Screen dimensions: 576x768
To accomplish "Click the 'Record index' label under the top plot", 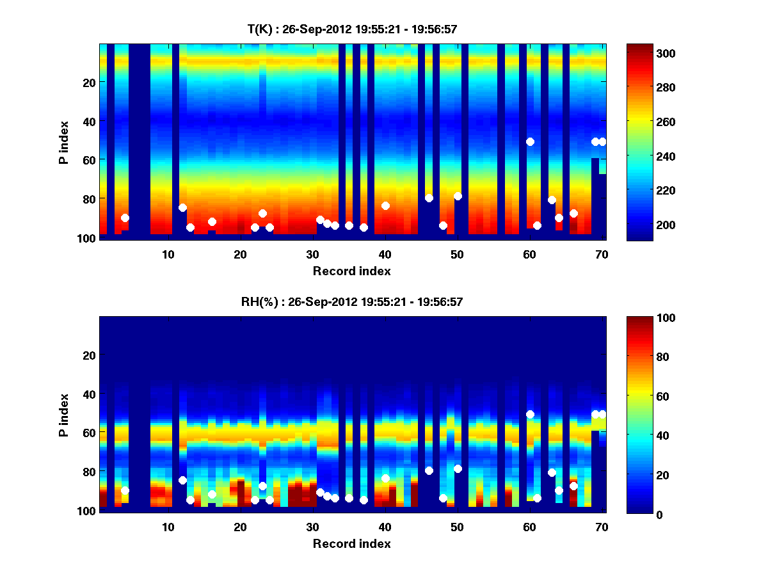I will coord(351,271).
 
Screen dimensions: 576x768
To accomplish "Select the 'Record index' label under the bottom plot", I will coord(351,543).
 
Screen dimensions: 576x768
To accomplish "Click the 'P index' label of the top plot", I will coord(64,142).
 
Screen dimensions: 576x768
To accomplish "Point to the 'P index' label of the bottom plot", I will coord(64,415).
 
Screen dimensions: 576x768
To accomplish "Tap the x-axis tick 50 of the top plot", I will coord(457,254).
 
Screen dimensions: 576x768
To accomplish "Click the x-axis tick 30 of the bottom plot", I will coord(312,527).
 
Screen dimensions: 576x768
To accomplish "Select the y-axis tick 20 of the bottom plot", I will coord(90,355).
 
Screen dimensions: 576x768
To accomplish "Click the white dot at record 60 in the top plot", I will coord(530,141).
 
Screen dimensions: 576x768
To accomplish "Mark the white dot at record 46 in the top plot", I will coord(429,198).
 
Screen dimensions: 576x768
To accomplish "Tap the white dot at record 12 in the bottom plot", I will coord(182,480).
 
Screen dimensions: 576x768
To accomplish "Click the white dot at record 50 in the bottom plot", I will coord(458,468).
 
